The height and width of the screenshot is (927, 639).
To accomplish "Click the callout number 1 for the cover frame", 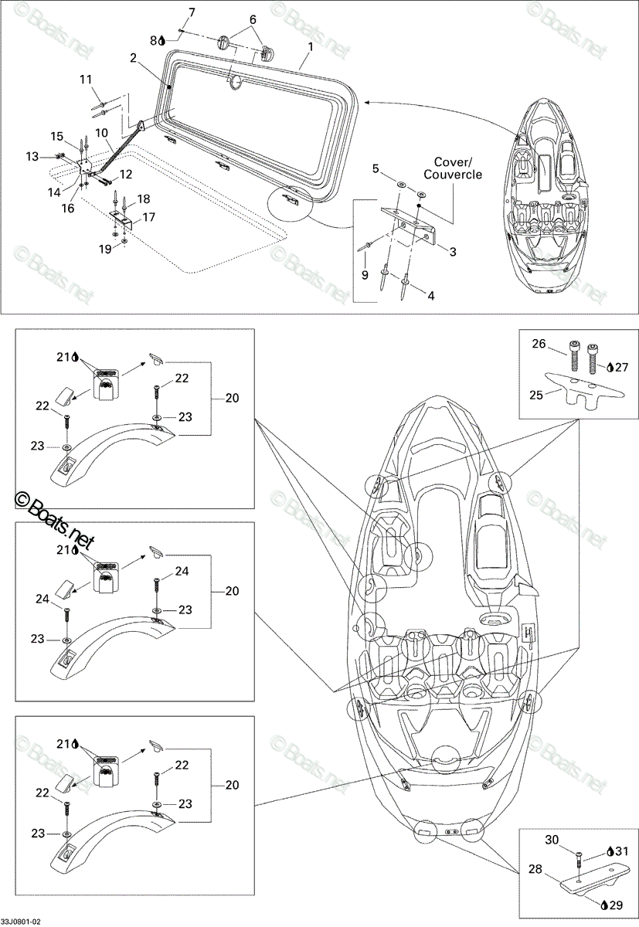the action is [x=311, y=47].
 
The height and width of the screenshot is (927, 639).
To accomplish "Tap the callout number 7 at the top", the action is [x=191, y=12].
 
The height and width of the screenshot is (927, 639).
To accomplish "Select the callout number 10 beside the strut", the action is [x=101, y=133].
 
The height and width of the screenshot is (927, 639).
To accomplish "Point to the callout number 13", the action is [x=32, y=156].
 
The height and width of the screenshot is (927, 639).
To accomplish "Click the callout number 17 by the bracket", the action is [x=148, y=217].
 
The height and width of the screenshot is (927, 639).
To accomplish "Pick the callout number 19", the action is [x=105, y=249].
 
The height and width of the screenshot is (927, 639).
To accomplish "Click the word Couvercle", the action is [x=453, y=175].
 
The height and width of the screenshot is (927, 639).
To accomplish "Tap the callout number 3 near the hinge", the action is [x=453, y=251].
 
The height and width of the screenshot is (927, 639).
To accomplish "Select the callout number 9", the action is [x=365, y=275].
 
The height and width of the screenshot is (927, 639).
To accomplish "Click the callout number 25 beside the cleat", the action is [x=536, y=396].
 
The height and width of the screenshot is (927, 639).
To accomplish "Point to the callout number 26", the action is [x=539, y=344].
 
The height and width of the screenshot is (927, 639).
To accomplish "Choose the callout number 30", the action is [x=552, y=840].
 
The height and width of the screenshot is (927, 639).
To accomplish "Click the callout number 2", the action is [x=132, y=58].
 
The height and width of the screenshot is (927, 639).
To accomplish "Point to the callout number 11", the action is [x=86, y=79].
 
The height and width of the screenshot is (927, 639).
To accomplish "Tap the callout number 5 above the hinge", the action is [x=376, y=169].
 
